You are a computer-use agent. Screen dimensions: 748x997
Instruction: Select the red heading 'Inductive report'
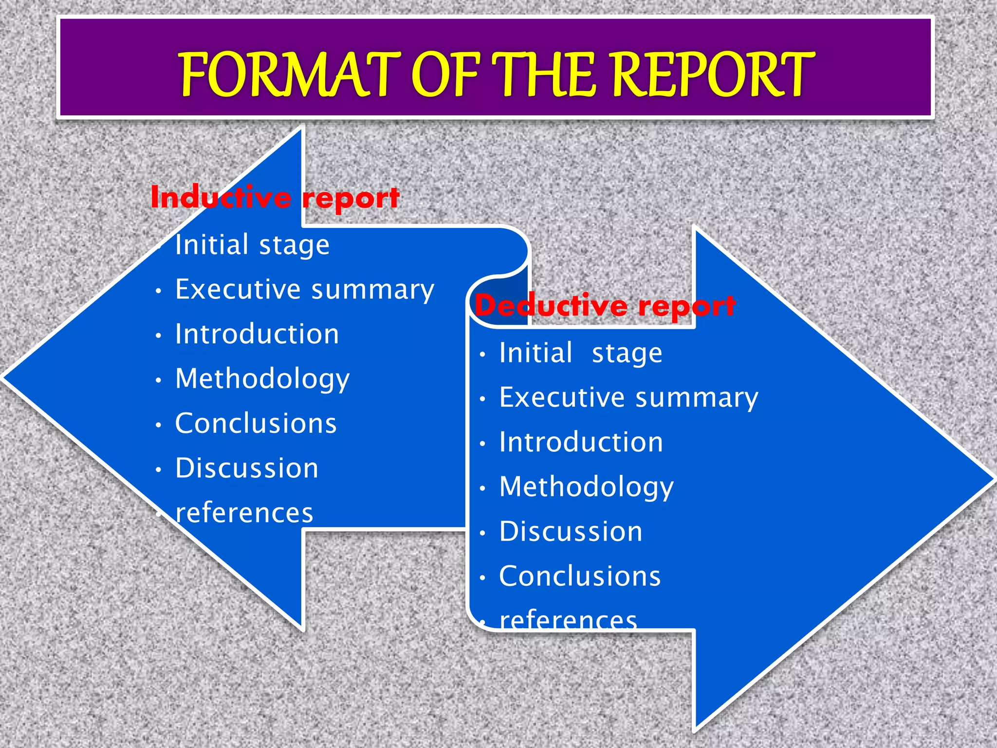[x=275, y=198]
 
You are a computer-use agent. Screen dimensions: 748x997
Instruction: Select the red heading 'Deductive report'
[x=605, y=306]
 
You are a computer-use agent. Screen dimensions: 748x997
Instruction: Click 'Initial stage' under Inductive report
[x=252, y=244]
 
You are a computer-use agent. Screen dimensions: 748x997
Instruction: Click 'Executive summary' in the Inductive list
[x=305, y=290]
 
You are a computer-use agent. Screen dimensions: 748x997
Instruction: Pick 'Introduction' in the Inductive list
[x=257, y=334]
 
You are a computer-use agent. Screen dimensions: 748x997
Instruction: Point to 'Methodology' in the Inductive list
[x=262, y=379]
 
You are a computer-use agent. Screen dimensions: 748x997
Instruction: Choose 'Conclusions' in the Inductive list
[x=256, y=423]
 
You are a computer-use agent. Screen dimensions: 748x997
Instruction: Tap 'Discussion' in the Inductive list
[x=247, y=468]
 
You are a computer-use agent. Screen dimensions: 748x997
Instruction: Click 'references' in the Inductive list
[x=244, y=513]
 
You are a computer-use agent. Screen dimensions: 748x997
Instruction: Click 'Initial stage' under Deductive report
[x=581, y=353]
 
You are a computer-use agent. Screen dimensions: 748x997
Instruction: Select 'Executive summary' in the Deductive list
[x=629, y=398]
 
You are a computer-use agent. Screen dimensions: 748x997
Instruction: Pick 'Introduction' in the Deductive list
[x=581, y=442]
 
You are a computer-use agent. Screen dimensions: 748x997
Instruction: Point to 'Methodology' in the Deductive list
[x=587, y=487]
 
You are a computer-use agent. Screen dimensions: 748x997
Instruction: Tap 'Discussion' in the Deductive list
[x=571, y=531]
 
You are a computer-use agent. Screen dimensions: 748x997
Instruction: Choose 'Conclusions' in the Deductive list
[x=580, y=576]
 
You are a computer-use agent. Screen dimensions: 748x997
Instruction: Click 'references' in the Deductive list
[x=569, y=620]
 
